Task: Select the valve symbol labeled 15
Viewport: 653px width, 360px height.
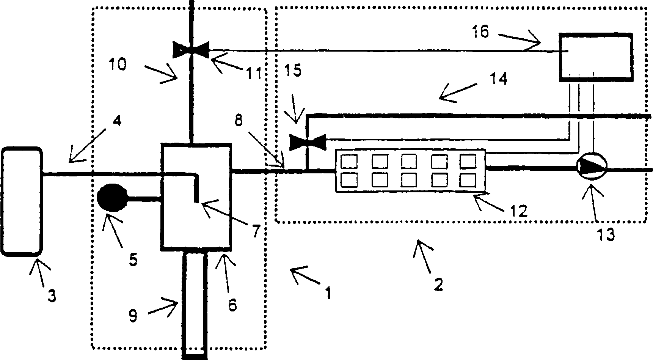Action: (x=308, y=142)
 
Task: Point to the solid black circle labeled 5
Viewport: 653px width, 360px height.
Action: (x=113, y=197)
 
